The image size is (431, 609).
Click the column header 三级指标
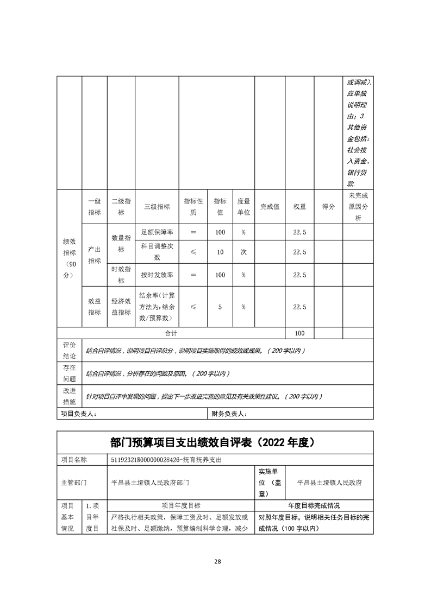pyautogui.click(x=157, y=207)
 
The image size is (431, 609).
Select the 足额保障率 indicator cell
pyautogui.click(x=157, y=232)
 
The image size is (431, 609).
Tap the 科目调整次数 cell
pyautogui.click(x=157, y=252)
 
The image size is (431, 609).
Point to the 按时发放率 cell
pyautogui.click(x=157, y=275)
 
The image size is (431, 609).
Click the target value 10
pyautogui.click(x=220, y=252)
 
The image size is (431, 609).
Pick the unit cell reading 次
pyautogui.click(x=243, y=252)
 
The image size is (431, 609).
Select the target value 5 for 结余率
pyautogui.click(x=220, y=307)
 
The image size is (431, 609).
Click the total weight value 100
pyautogui.click(x=299, y=333)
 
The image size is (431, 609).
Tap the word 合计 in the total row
pyautogui.click(x=171, y=333)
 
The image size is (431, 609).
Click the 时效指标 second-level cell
pyautogui.click(x=121, y=275)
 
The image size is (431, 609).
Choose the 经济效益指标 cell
pyautogui.click(x=121, y=307)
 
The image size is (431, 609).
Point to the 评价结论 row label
pyautogui.click(x=70, y=350)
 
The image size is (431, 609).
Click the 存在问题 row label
pyautogui.click(x=70, y=373)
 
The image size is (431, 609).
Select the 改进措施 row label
pyautogui.click(x=70, y=396)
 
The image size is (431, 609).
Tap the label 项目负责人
pyautogui.click(x=78, y=414)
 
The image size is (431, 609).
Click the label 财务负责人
pyautogui.click(x=229, y=414)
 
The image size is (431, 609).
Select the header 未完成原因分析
pyautogui.click(x=358, y=207)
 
